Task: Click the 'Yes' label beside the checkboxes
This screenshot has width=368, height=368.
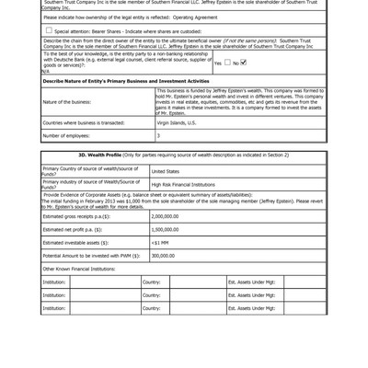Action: pyautogui.click(x=217, y=63)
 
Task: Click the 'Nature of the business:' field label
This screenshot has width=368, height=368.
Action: pyautogui.click(x=66, y=101)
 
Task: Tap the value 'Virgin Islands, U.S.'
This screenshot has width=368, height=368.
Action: pyautogui.click(x=177, y=122)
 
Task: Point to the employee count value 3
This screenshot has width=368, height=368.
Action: pyautogui.click(x=158, y=134)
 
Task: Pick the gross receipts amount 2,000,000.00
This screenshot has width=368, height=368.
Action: pyautogui.click(x=165, y=216)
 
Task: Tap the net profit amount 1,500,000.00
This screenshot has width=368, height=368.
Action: pyautogui.click(x=165, y=229)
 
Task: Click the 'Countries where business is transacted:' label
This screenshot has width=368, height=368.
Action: pyautogui.click(x=84, y=122)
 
